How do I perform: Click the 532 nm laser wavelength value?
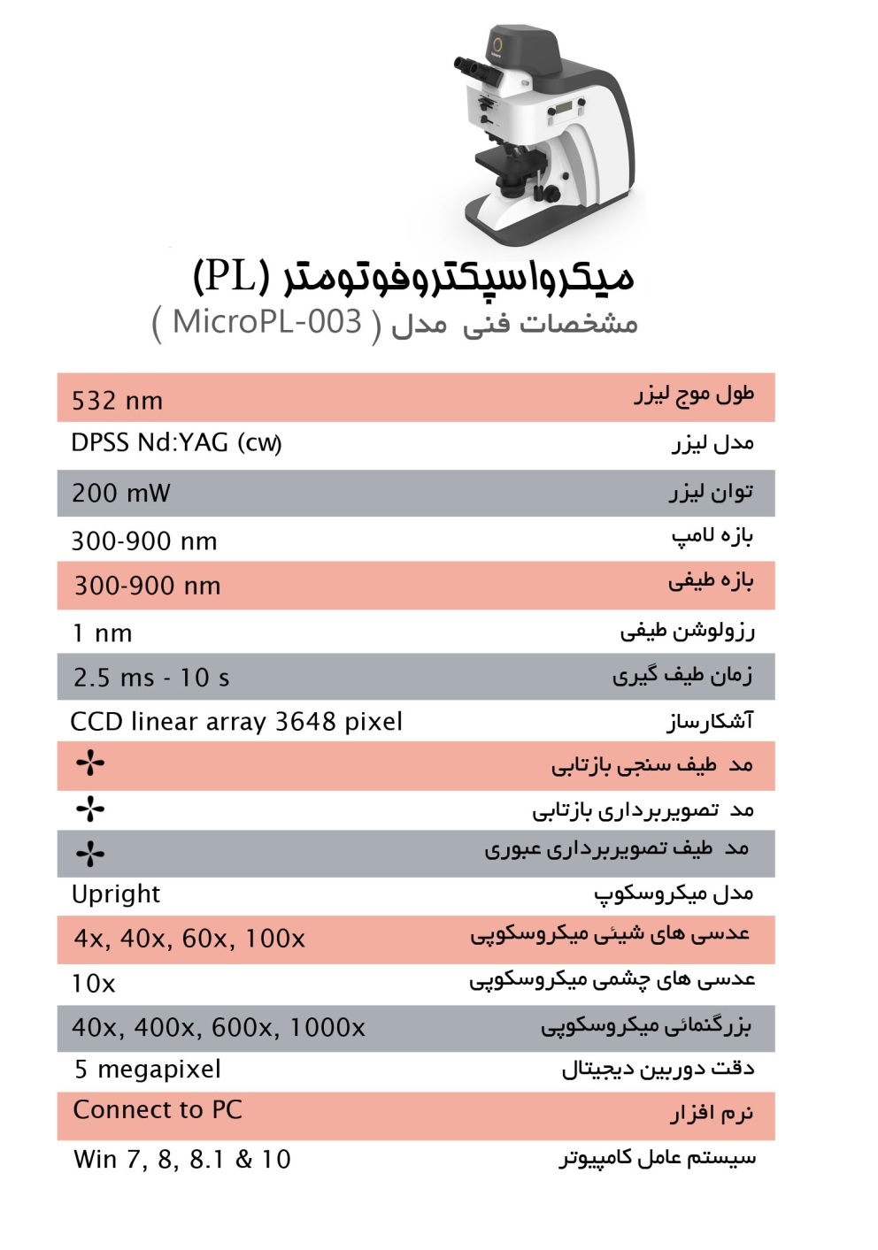[x=118, y=401]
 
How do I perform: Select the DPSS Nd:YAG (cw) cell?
[x=176, y=442]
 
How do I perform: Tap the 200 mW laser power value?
[x=121, y=493]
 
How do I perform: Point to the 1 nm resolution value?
[x=103, y=633]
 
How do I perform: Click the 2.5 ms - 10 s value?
[x=151, y=679]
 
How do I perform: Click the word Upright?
[x=116, y=894]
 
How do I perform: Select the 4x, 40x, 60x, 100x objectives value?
[x=189, y=939]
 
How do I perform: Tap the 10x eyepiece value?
[x=94, y=984]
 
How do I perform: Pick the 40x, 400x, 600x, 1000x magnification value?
[x=219, y=1028]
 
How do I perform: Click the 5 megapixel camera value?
[x=148, y=1070]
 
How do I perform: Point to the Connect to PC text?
[x=158, y=1110]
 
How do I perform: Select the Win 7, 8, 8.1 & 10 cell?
[x=182, y=1160]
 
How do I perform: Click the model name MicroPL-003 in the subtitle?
[x=267, y=321]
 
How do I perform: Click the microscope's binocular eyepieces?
[x=473, y=68]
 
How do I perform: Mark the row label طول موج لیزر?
[x=695, y=395]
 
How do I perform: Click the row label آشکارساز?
[x=710, y=722]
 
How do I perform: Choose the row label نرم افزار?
[x=712, y=1113]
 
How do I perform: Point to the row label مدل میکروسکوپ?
[x=674, y=893]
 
